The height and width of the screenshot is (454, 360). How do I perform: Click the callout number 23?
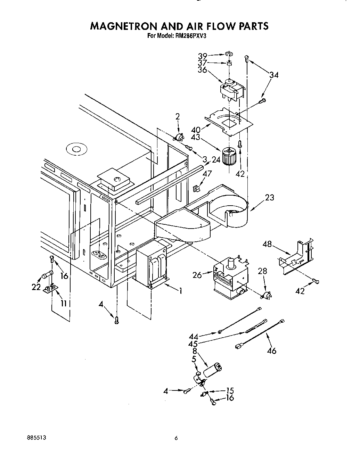coord(269,198)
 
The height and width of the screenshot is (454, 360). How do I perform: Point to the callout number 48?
coord(267,244)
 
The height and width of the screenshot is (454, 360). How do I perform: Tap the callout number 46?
coord(272,351)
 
